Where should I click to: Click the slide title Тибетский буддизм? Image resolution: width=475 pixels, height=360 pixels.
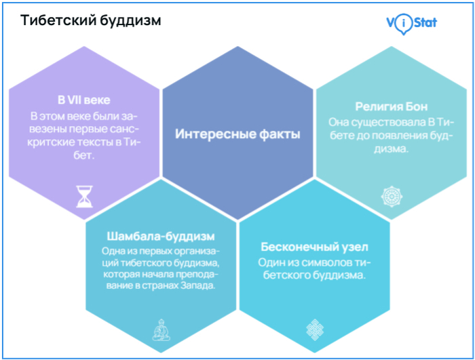pos(91,20)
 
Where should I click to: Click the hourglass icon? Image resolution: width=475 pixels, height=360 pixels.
pos(83,196)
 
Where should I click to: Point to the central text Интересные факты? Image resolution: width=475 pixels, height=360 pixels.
pos(237,134)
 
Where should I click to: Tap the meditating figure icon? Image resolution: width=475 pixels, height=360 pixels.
pos(160,331)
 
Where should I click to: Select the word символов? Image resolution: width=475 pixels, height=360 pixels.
pos(318,262)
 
